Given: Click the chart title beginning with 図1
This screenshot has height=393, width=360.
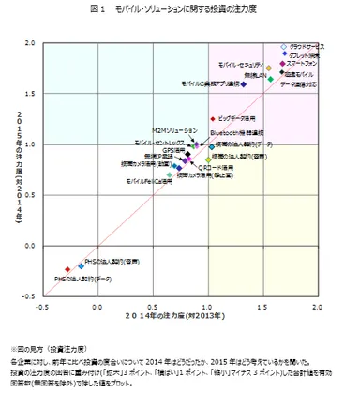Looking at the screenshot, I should point(180,8).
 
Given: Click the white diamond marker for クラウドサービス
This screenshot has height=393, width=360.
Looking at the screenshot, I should point(284,46).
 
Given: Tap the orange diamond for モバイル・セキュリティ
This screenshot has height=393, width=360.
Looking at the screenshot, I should point(268,68).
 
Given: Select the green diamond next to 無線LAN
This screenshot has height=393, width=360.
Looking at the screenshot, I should point(269,78).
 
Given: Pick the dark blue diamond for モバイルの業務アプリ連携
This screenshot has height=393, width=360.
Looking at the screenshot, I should point(243,84).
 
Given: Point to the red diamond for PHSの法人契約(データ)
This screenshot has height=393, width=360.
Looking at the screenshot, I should point(67,269).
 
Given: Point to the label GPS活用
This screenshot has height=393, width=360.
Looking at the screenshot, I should point(174,150).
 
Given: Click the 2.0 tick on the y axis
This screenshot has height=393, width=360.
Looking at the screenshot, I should point(30,43).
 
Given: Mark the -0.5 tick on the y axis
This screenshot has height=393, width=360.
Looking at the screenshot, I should point(28,296).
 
